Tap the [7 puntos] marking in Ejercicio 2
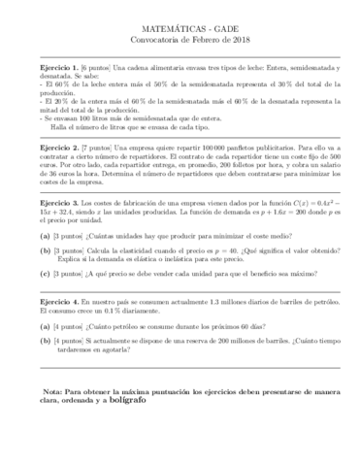tap(96, 148)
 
